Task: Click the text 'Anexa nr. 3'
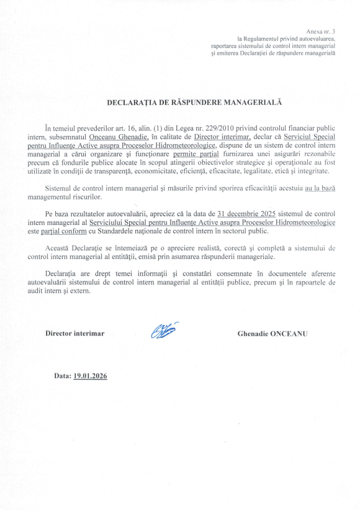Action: pos(320,30)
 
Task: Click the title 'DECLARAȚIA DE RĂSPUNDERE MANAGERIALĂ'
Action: pos(181,100)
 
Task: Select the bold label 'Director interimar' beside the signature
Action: pos(74,334)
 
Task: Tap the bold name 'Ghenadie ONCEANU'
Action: pos(272,334)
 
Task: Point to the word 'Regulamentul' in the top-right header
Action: pos(265,39)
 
